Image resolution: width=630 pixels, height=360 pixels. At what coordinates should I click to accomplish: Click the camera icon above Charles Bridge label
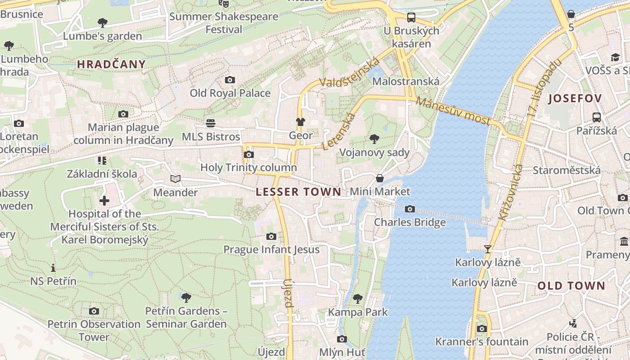(x=409, y=209)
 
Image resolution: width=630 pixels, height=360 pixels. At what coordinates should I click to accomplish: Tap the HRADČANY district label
(x=111, y=64)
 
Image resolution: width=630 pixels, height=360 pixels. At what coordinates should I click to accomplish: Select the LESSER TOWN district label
(x=298, y=192)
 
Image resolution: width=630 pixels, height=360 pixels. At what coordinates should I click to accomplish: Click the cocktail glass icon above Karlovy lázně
(x=487, y=249)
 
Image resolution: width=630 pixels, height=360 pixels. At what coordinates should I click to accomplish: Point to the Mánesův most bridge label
(x=453, y=110)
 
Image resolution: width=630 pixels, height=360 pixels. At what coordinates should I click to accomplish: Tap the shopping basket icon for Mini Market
(x=380, y=178)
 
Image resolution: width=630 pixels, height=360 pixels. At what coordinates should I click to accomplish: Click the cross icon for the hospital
(x=104, y=201)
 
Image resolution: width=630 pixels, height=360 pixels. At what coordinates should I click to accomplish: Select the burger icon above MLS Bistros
(x=211, y=123)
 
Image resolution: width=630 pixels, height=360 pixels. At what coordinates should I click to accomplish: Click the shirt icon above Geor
(x=300, y=121)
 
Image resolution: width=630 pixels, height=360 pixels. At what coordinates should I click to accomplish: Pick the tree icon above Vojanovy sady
(x=374, y=139)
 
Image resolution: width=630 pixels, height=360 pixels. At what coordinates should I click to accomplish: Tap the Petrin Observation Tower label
(x=94, y=330)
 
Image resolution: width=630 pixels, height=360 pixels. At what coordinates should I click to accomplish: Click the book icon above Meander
(x=175, y=179)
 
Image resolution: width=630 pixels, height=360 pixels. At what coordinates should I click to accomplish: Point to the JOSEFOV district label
(x=575, y=99)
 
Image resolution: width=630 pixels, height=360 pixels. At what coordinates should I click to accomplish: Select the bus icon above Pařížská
(x=597, y=117)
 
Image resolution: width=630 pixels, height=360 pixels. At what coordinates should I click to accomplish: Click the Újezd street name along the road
(x=288, y=292)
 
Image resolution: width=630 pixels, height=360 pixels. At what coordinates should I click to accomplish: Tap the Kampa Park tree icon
(x=358, y=298)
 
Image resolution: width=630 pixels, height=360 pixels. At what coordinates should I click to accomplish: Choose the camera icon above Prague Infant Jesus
(x=271, y=236)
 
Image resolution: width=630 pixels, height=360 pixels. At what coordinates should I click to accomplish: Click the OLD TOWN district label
(x=571, y=286)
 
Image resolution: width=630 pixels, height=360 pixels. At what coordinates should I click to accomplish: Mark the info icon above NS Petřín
(x=53, y=268)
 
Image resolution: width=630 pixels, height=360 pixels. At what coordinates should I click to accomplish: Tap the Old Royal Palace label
(x=230, y=93)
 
